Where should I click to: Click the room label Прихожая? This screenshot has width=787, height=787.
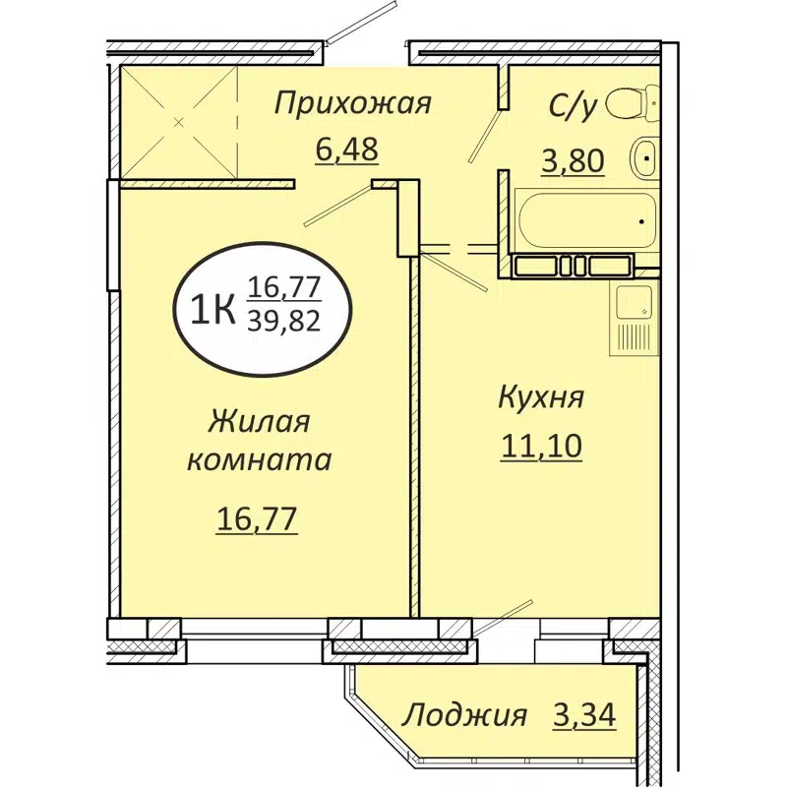[x=353, y=103]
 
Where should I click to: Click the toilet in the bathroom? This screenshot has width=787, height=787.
[x=629, y=101]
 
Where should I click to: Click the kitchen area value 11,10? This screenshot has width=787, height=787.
[x=541, y=447]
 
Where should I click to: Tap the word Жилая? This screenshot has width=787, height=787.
[x=259, y=423]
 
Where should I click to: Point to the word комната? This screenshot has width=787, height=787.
[x=259, y=459]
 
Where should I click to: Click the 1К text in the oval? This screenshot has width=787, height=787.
[x=210, y=310]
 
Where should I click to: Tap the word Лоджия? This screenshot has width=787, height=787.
[x=464, y=715]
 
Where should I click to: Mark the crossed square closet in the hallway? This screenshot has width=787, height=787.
[x=178, y=124]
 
